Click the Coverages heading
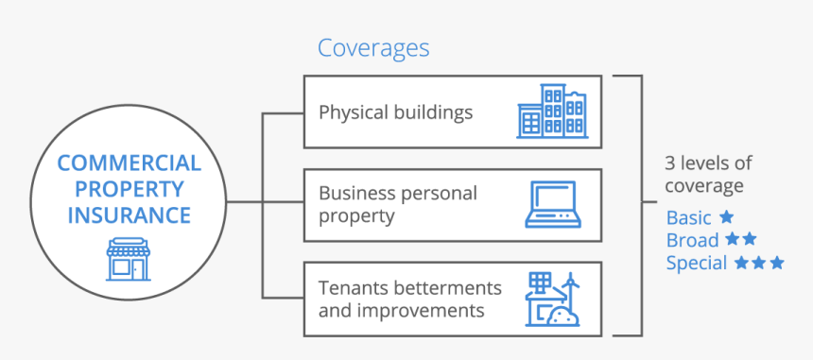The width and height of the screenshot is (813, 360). tap(373, 48)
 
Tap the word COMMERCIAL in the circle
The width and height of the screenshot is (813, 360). tap(130, 163)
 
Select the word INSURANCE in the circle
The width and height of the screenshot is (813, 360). tap(130, 214)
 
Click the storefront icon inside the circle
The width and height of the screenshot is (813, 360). tap(129, 259)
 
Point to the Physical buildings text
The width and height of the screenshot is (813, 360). tap(395, 112)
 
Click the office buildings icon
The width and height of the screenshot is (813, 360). tap(551, 111)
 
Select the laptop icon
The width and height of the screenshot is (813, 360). tap(553, 205)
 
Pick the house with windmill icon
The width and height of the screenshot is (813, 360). tap(552, 300)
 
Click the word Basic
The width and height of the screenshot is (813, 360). tap(688, 218)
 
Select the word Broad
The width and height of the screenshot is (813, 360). tap(692, 241)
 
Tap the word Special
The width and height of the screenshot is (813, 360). tap(697, 264)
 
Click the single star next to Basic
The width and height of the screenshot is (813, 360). tap(726, 217)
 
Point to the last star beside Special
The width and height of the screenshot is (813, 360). tap(776, 263)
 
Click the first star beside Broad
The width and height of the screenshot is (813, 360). tap(734, 240)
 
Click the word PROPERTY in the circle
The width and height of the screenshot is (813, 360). tap(130, 189)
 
